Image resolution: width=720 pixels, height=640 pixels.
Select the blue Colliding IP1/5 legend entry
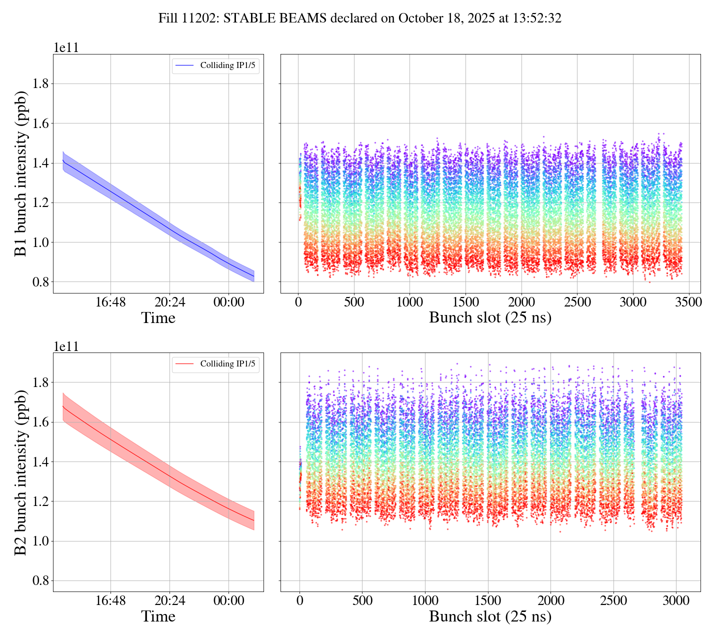(215, 65)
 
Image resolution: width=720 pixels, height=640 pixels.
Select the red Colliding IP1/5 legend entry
(215, 364)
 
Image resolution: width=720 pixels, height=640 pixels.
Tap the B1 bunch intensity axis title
(20, 173)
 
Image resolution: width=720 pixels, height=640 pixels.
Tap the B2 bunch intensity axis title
(20, 472)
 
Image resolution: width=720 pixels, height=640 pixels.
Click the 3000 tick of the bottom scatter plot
(675, 600)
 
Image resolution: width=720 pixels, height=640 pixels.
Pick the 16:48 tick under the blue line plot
(110, 302)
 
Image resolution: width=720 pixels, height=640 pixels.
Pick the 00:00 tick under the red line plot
(228, 600)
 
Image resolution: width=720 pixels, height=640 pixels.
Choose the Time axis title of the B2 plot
(158, 616)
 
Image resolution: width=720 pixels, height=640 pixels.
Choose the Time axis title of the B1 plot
(158, 318)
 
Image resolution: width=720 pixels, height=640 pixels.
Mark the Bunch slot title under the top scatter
(490, 318)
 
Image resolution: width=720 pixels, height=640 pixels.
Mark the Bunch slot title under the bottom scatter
(490, 616)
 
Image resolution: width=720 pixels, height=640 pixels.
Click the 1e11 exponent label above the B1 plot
(66, 48)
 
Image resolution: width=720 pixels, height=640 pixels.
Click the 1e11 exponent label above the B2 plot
(66, 346)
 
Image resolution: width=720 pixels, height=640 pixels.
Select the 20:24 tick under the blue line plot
(169, 302)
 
